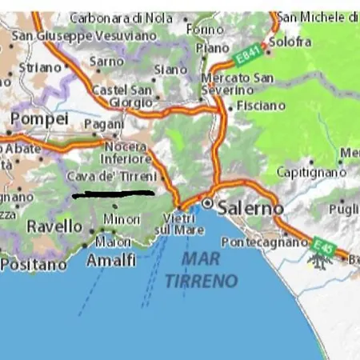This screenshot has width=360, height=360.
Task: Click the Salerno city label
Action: tap(250, 206)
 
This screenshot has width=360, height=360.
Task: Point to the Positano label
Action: tap(34, 263)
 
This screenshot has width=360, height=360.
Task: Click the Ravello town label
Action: tap(54, 227)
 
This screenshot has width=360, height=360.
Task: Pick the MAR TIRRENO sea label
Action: tap(202, 270)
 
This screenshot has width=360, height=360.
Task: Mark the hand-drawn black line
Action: tap(113, 193)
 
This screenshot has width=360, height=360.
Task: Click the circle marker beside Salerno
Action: tap(208, 204)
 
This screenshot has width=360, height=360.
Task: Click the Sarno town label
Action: tap(106, 61)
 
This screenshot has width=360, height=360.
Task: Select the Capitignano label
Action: tap(311, 172)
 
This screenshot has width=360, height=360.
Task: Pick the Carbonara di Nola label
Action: tap(122, 17)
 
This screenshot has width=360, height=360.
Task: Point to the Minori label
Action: tap(122, 218)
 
